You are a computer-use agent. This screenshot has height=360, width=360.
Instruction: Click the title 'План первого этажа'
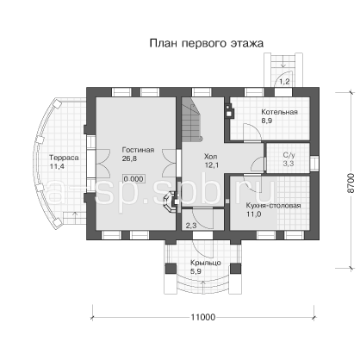point(207,43)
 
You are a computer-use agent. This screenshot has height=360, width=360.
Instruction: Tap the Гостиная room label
point(138,150)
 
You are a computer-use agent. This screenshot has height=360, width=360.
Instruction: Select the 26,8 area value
point(129,158)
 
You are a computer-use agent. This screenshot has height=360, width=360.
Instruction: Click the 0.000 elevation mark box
point(133,179)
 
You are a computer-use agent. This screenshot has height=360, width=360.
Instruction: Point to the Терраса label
point(64,158)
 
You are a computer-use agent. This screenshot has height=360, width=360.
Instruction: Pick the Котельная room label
point(279,112)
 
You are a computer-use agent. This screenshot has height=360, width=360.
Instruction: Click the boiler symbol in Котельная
point(229,110)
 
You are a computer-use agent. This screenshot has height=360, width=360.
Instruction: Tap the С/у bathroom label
point(289,155)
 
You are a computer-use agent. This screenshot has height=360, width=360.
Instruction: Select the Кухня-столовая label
point(273,206)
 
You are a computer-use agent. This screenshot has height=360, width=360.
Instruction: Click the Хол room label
point(211,157)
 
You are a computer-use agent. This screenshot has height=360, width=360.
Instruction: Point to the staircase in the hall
point(191,120)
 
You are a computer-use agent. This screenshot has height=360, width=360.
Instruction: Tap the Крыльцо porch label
point(206,263)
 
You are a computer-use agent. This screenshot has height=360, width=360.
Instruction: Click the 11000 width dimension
point(203,317)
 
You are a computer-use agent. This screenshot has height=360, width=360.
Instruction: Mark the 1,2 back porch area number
point(284,82)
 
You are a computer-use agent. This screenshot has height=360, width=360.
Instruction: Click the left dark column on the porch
point(171,269)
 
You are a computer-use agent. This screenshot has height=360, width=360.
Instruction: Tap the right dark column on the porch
point(236,269)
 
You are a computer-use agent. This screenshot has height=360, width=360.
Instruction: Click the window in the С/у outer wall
point(314,163)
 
